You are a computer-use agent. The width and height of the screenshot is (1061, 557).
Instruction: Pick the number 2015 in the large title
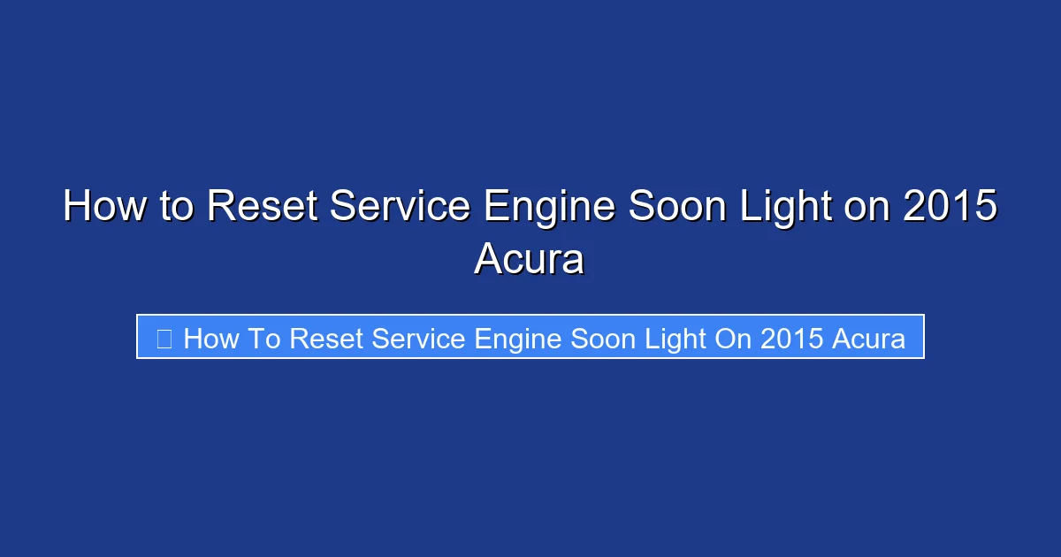950,207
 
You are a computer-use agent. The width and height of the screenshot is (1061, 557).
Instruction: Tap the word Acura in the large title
529,258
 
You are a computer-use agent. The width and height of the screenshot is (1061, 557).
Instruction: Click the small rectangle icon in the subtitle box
164,338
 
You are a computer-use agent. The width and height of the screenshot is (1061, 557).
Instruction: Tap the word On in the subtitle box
733,338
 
